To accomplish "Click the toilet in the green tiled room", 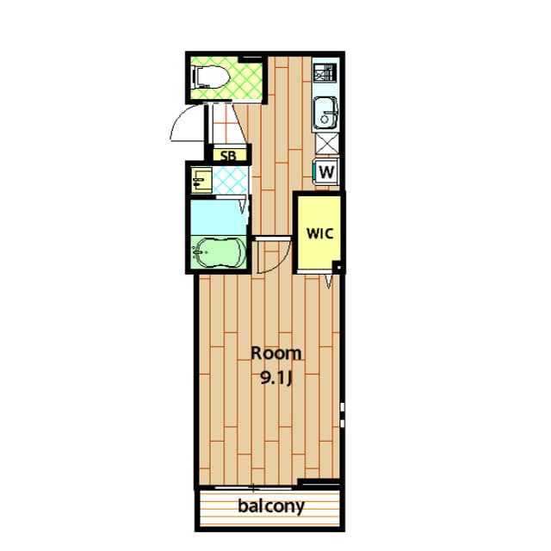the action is coord(211,77).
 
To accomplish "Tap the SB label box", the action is coord(229,155).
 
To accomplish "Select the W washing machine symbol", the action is coord(326,171).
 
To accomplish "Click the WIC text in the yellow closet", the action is coord(319,233).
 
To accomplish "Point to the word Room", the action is coord(276,353).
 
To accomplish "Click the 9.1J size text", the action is coord(276,378).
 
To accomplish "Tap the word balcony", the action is coord(271,506).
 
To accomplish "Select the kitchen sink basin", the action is coord(325,113).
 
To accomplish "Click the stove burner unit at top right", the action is coord(325,72).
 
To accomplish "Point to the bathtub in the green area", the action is coord(220,252).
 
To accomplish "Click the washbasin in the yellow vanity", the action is coord(201,180).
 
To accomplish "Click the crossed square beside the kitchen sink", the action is coord(327,144).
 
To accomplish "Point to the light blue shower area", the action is coord(219,217).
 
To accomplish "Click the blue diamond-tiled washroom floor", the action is coord(230,180).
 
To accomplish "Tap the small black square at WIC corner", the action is coord(338,268).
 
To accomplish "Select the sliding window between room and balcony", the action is coord(253,488).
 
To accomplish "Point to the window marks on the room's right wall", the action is coord(343,415).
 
